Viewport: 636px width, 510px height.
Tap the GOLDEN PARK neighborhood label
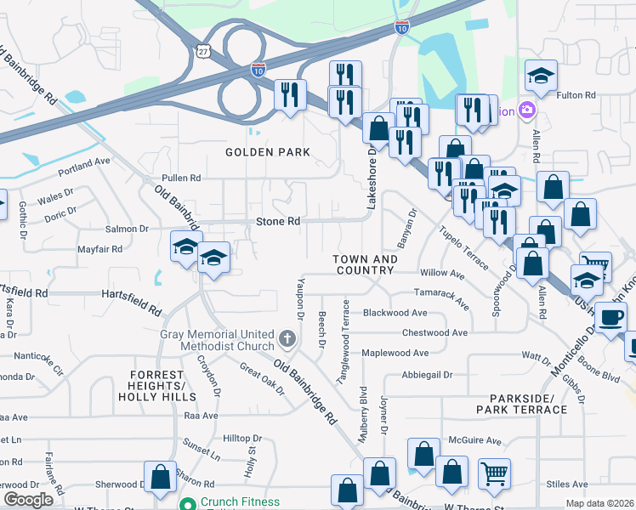pyautogui.click(x=267, y=152)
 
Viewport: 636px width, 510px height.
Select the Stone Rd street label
pyautogui.click(x=278, y=221)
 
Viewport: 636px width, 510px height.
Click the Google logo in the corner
pyautogui.click(x=28, y=500)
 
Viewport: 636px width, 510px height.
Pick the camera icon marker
pyautogui.click(x=527, y=110)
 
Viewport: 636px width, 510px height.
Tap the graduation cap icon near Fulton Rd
pyautogui.click(x=541, y=76)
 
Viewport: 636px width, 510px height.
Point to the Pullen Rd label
pyautogui.click(x=181, y=178)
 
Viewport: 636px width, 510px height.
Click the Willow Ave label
pyautogui.click(x=442, y=275)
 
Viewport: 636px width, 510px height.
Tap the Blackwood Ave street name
pyautogui.click(x=395, y=313)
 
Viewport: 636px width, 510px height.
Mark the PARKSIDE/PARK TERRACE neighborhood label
pyautogui.click(x=527, y=404)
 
